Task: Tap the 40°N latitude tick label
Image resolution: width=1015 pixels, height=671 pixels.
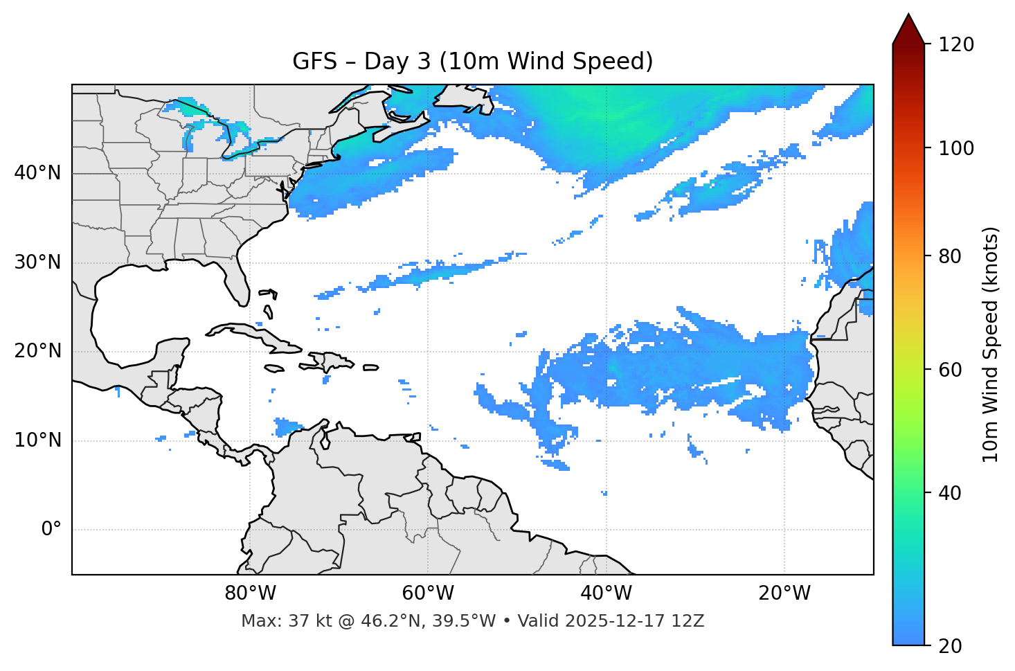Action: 37,173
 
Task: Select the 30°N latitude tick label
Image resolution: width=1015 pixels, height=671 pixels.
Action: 37,262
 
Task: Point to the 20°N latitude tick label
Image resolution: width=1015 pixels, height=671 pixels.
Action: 37,351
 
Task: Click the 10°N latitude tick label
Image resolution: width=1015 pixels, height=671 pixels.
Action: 37,440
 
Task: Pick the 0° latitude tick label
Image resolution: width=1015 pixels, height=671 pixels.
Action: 51,530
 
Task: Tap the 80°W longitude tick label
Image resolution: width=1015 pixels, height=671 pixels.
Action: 250,593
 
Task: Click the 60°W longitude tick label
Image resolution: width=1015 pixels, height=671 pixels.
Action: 428,593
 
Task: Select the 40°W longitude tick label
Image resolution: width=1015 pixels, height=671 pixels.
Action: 606,593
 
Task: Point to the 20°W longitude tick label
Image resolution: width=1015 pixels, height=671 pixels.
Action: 784,593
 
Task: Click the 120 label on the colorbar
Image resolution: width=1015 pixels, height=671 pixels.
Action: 955,44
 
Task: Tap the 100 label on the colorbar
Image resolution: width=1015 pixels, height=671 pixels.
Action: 955,148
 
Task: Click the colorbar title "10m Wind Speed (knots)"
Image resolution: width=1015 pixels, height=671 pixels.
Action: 991,345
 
